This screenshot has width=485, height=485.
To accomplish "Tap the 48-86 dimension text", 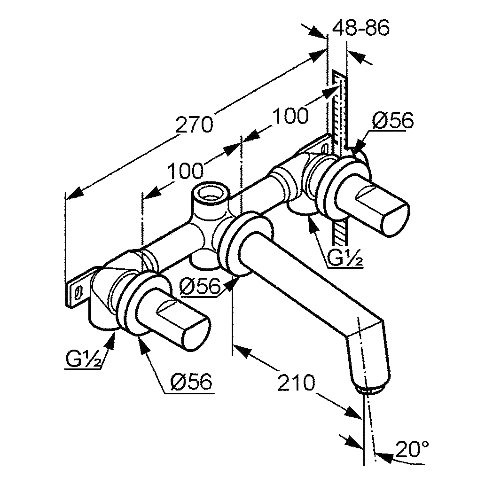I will pos(361,29).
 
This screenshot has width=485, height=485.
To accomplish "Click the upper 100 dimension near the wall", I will pos(291,115).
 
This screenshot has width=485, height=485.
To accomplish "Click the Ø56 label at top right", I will pos(393,121).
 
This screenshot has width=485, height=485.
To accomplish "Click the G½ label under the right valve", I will pos(345,259).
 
